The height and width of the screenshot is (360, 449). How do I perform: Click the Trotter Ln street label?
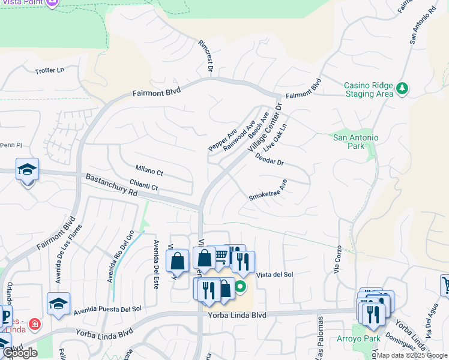pyautogui.click(x=49, y=70)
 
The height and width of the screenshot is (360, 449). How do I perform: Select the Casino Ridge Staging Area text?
pyautogui.click(x=369, y=89)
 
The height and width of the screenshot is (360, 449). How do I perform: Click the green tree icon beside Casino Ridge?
pyautogui.click(x=402, y=89)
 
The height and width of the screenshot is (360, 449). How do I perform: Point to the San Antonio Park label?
pyautogui.click(x=356, y=142)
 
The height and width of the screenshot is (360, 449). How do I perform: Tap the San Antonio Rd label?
pyautogui.click(x=421, y=26)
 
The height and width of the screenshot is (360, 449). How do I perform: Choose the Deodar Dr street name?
pyautogui.click(x=269, y=159)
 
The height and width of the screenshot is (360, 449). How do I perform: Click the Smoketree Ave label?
pyautogui.click(x=268, y=190)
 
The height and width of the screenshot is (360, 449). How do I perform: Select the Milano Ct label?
pyautogui.click(x=149, y=173)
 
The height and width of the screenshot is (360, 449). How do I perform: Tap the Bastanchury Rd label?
pyautogui.click(x=112, y=186)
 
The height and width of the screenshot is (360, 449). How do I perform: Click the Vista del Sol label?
pyautogui.click(x=274, y=275)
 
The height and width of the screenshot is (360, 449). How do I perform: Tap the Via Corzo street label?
pyautogui.click(x=339, y=260)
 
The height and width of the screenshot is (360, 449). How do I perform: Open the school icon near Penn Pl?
pyautogui.click(x=27, y=170)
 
